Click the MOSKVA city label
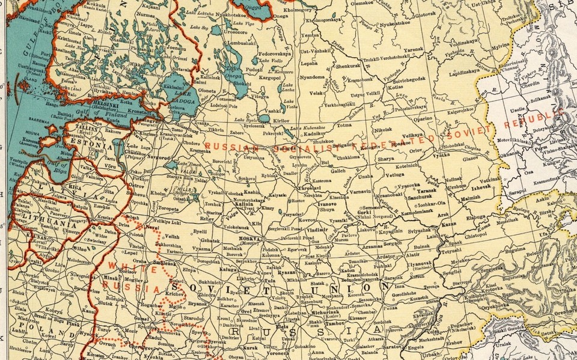point(249,239)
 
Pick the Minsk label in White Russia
point(110,278)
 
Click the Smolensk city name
point(163,263)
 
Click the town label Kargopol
point(269,78)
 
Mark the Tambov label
point(334,323)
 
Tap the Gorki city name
point(364,212)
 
